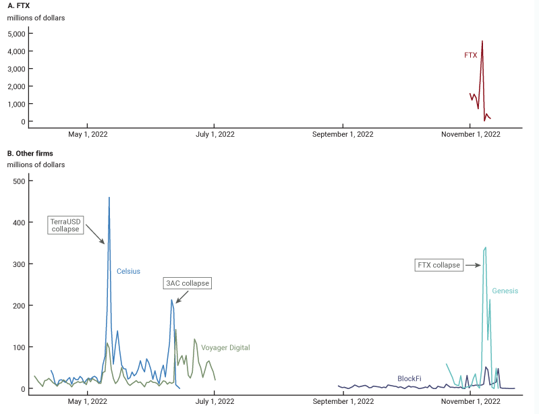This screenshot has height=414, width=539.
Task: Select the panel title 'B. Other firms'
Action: click(x=30, y=154)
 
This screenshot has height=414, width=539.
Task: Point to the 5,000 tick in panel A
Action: click(x=16, y=34)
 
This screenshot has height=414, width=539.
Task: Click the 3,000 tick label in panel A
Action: click(x=16, y=69)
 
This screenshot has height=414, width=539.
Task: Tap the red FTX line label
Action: click(x=470, y=55)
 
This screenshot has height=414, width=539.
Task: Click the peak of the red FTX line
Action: click(x=482, y=42)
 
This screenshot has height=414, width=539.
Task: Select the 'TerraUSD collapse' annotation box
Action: click(x=65, y=225)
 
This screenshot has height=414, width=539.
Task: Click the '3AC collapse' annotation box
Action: click(x=188, y=283)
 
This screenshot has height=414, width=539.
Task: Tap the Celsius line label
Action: click(x=128, y=271)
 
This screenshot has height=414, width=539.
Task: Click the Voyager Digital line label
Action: click(x=225, y=348)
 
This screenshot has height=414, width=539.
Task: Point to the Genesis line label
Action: click(x=505, y=291)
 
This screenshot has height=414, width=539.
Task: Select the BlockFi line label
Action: click(x=409, y=378)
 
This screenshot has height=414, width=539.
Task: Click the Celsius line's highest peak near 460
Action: click(x=109, y=198)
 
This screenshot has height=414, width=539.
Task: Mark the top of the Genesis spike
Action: click(x=486, y=248)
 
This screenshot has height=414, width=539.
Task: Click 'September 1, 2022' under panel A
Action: click(x=342, y=134)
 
